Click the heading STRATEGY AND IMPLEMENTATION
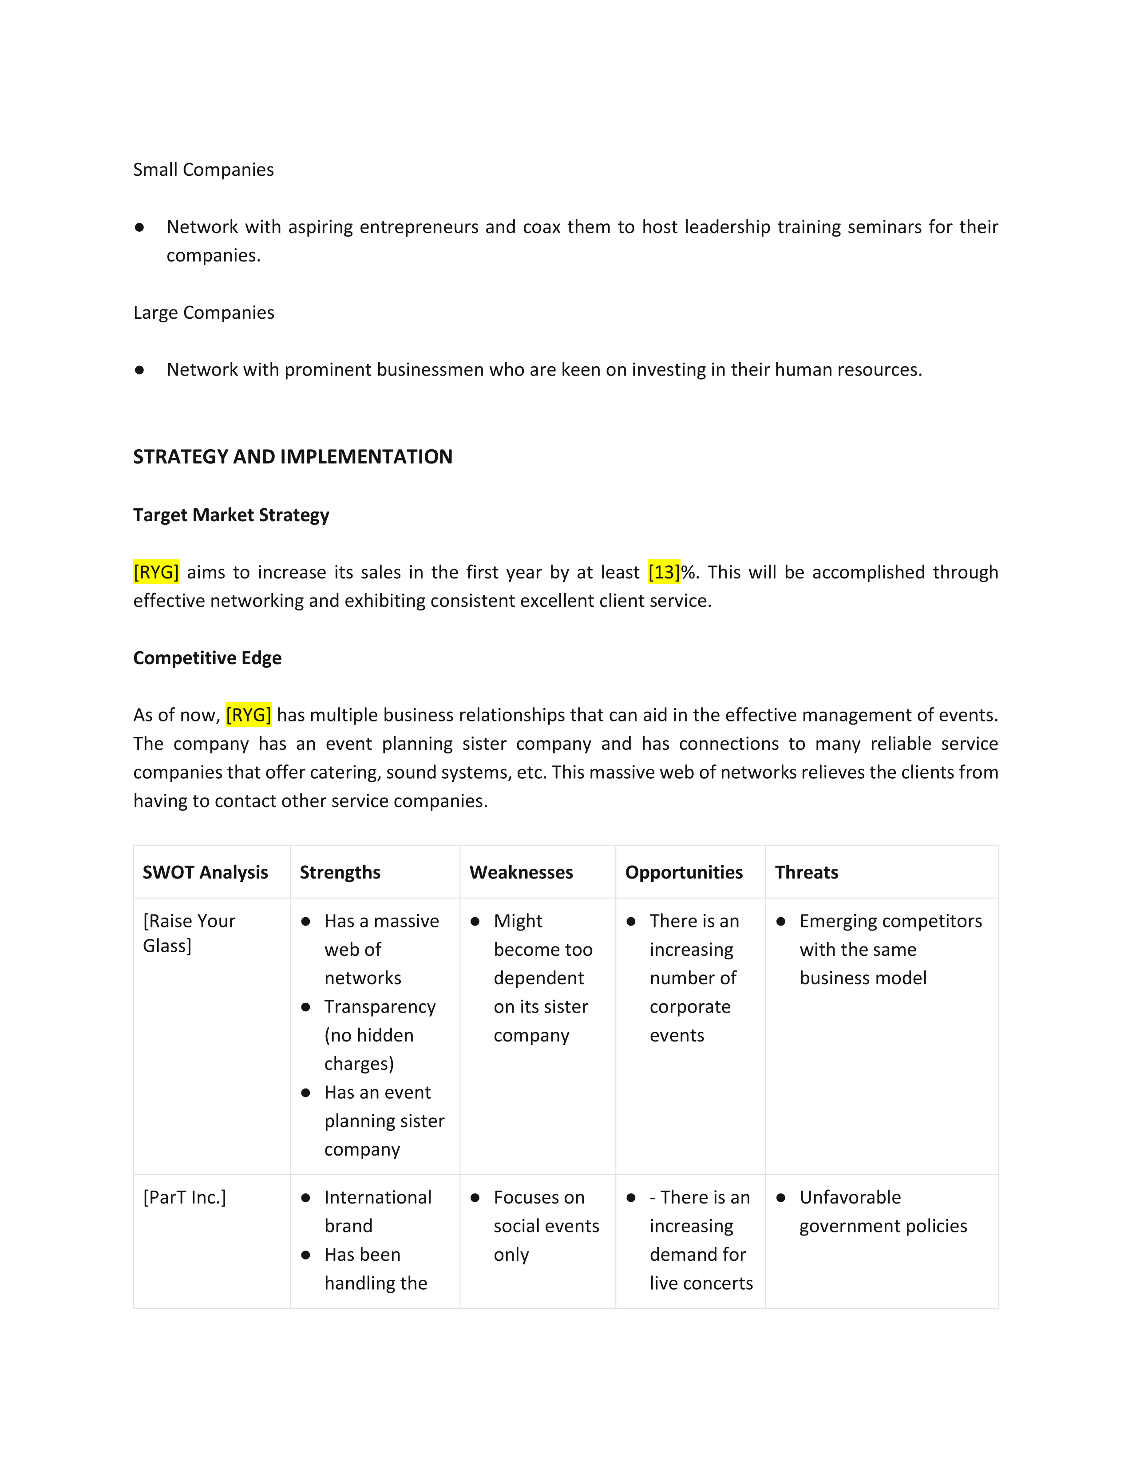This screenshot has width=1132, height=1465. click(x=293, y=457)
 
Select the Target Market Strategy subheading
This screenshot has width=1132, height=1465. click(x=231, y=515)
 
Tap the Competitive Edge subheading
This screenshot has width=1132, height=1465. click(x=207, y=658)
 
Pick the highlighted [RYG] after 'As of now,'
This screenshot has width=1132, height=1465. click(x=248, y=715)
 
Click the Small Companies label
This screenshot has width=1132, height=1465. click(x=203, y=170)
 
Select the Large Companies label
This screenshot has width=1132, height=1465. click(x=204, y=313)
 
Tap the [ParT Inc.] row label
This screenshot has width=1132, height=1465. click(x=184, y=1197)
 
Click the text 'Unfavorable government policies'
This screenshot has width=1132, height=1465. click(x=883, y=1212)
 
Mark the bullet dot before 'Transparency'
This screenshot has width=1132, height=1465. click(x=306, y=1007)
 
